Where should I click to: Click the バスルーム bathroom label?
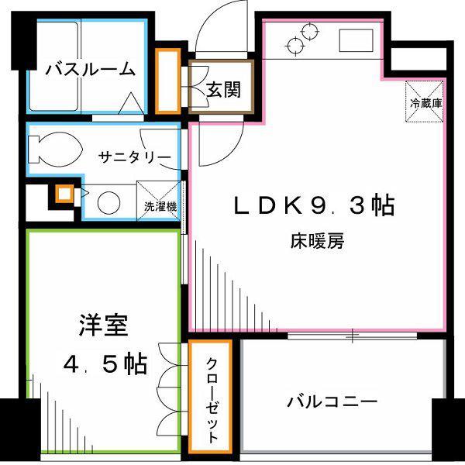coord(90,70)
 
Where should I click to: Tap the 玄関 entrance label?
coord(223,89)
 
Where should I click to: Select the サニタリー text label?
coord(135,157)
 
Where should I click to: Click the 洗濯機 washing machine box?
coord(159,201)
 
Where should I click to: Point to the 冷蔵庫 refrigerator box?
coord(425,101)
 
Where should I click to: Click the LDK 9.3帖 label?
coord(314,205)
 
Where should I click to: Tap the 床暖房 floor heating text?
coord(317,241)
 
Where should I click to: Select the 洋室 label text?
coord(104,325)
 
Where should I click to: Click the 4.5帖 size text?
coord(105,363)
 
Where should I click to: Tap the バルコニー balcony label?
coord(332,401)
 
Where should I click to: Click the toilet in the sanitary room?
coord(55,150)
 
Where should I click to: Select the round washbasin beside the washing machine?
coord(108,203)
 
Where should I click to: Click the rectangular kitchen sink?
coord(356,40)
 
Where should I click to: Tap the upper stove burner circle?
coord(310,31)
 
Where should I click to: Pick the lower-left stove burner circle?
coord(296,46)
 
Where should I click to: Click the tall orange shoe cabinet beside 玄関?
coord(168,81)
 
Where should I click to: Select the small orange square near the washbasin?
coord(64,194)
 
